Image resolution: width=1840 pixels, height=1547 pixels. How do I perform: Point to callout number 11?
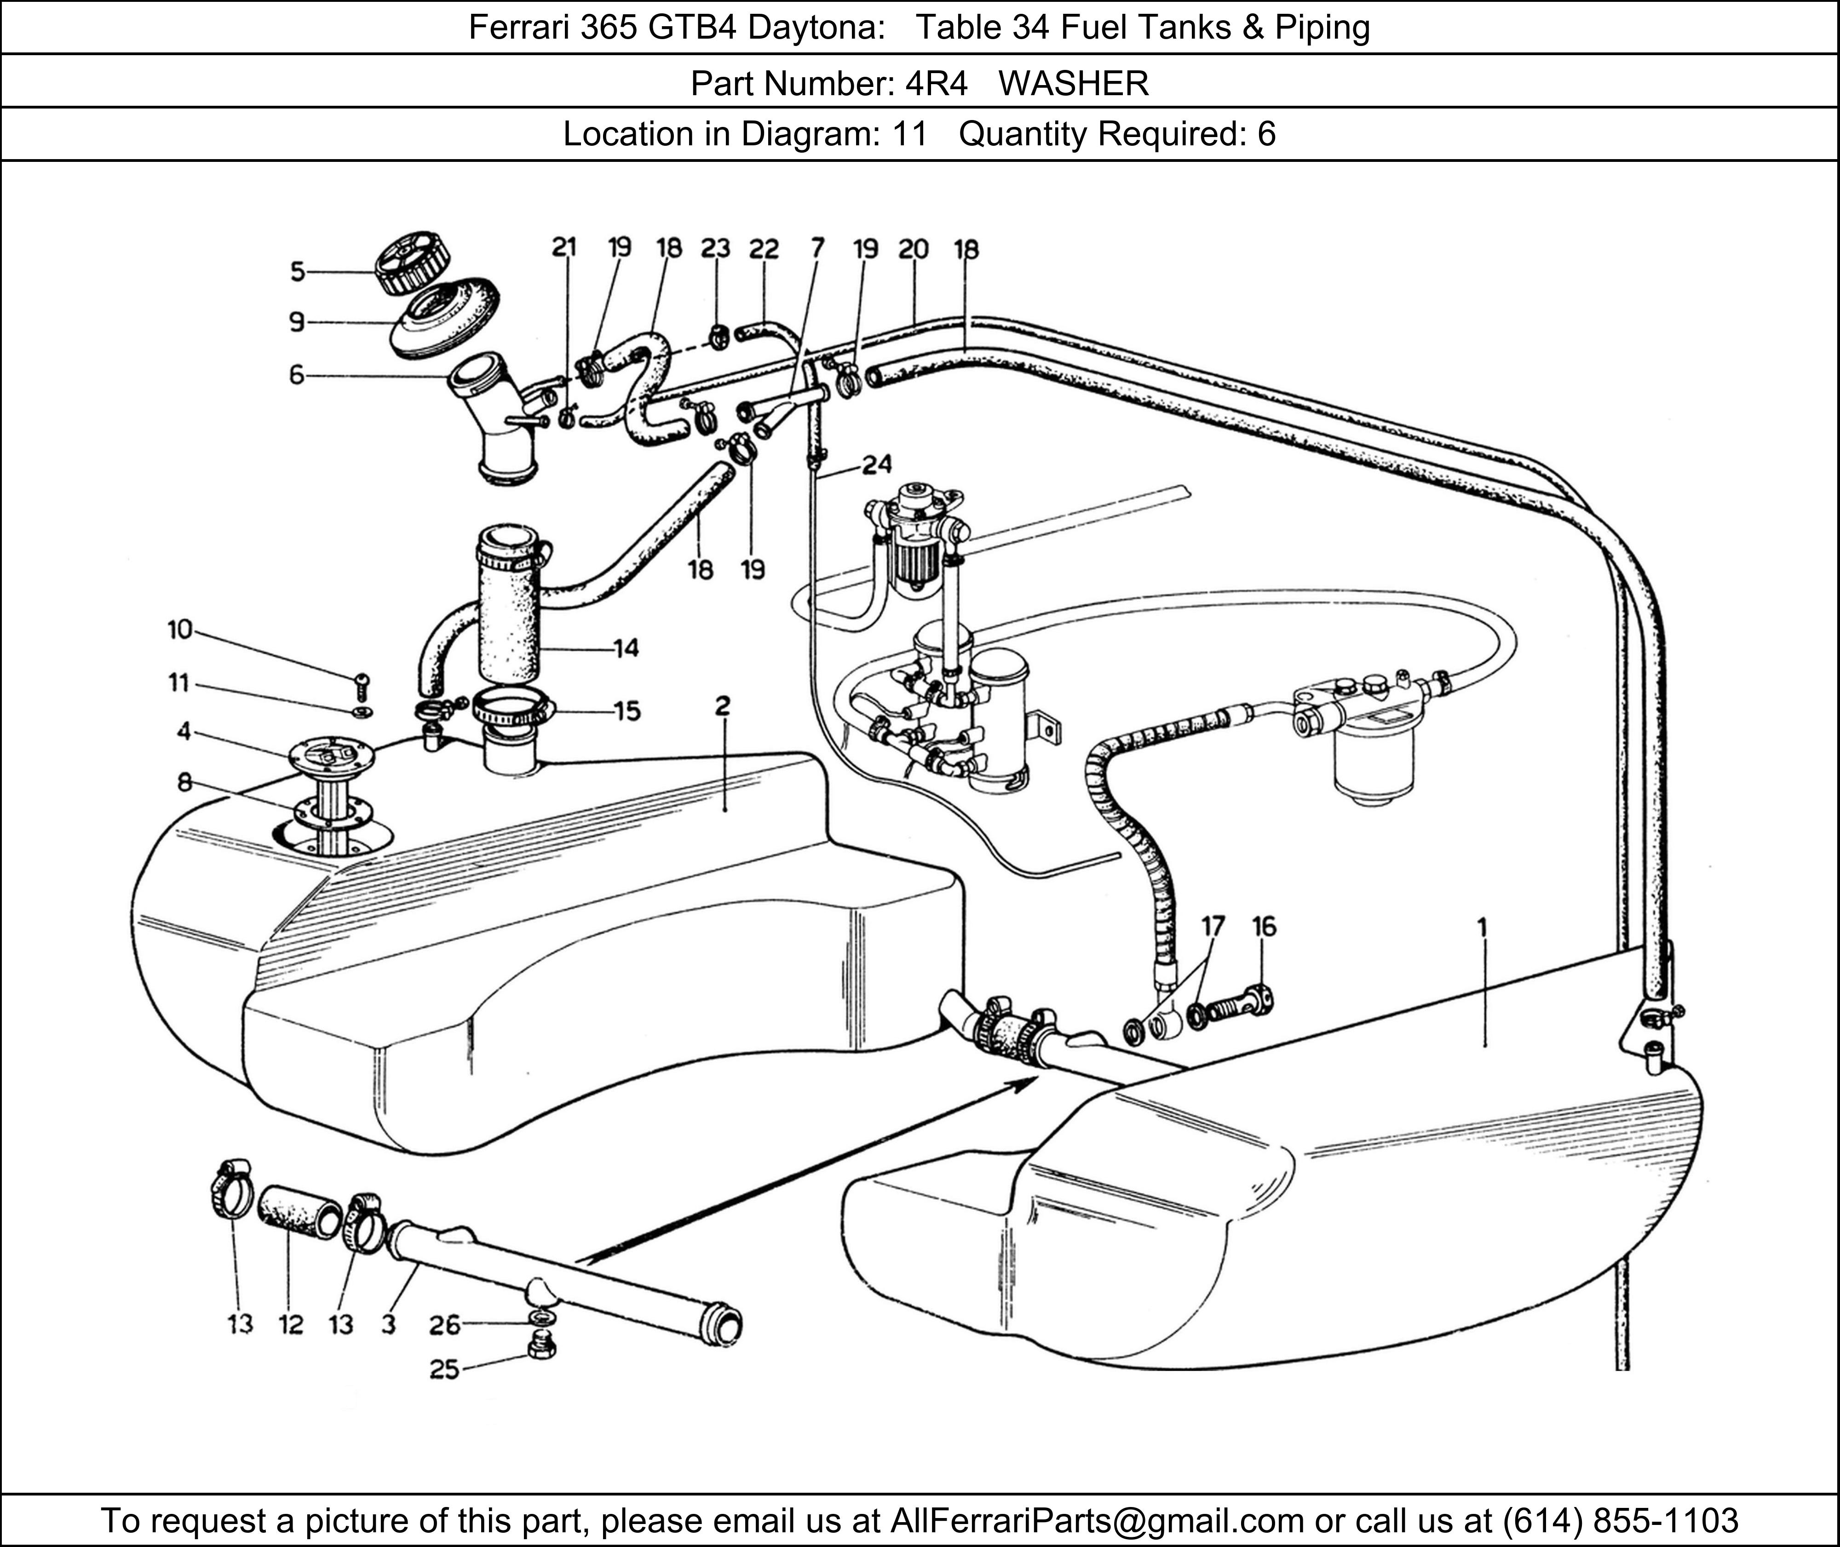179,682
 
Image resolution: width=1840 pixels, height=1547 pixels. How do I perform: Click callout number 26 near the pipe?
445,1325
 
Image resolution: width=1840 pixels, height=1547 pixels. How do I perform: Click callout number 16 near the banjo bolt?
1264,926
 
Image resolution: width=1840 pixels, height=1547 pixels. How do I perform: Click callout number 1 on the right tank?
1482,927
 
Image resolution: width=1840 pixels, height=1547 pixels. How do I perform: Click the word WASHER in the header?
1074,83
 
